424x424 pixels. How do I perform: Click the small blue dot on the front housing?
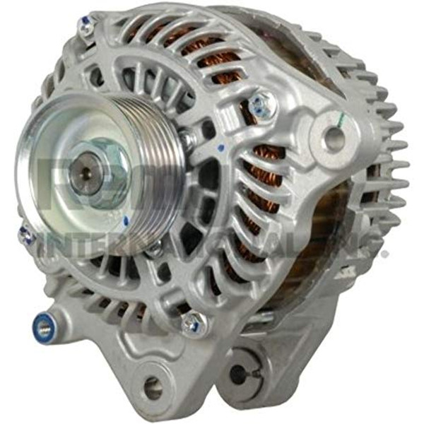pyautogui.click(x=223, y=148)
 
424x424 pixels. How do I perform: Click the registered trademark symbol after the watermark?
pyautogui.click(x=384, y=251)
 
